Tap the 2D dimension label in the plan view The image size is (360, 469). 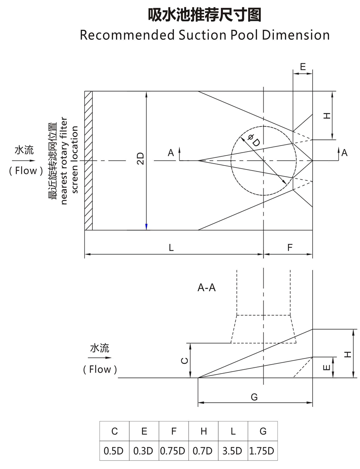(x=141, y=159)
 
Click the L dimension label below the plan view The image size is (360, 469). (x=171, y=247)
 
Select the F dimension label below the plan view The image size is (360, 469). (x=289, y=247)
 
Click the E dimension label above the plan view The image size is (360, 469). (x=303, y=67)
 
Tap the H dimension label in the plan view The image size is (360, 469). (x=327, y=115)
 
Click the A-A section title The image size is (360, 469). (x=207, y=288)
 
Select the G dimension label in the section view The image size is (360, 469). (x=254, y=397)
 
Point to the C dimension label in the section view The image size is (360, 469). (x=185, y=360)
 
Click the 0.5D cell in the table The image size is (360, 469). (x=114, y=451)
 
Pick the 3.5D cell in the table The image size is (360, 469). (x=233, y=451)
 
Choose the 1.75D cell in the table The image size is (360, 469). (x=262, y=451)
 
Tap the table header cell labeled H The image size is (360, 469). (x=203, y=431)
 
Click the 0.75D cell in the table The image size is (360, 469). (x=174, y=451)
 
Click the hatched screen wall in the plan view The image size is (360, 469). (x=89, y=160)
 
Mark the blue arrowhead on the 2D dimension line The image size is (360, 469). (x=146, y=227)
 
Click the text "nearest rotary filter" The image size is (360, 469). (x=64, y=160)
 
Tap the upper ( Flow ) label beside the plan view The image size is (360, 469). (x=26, y=171)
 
